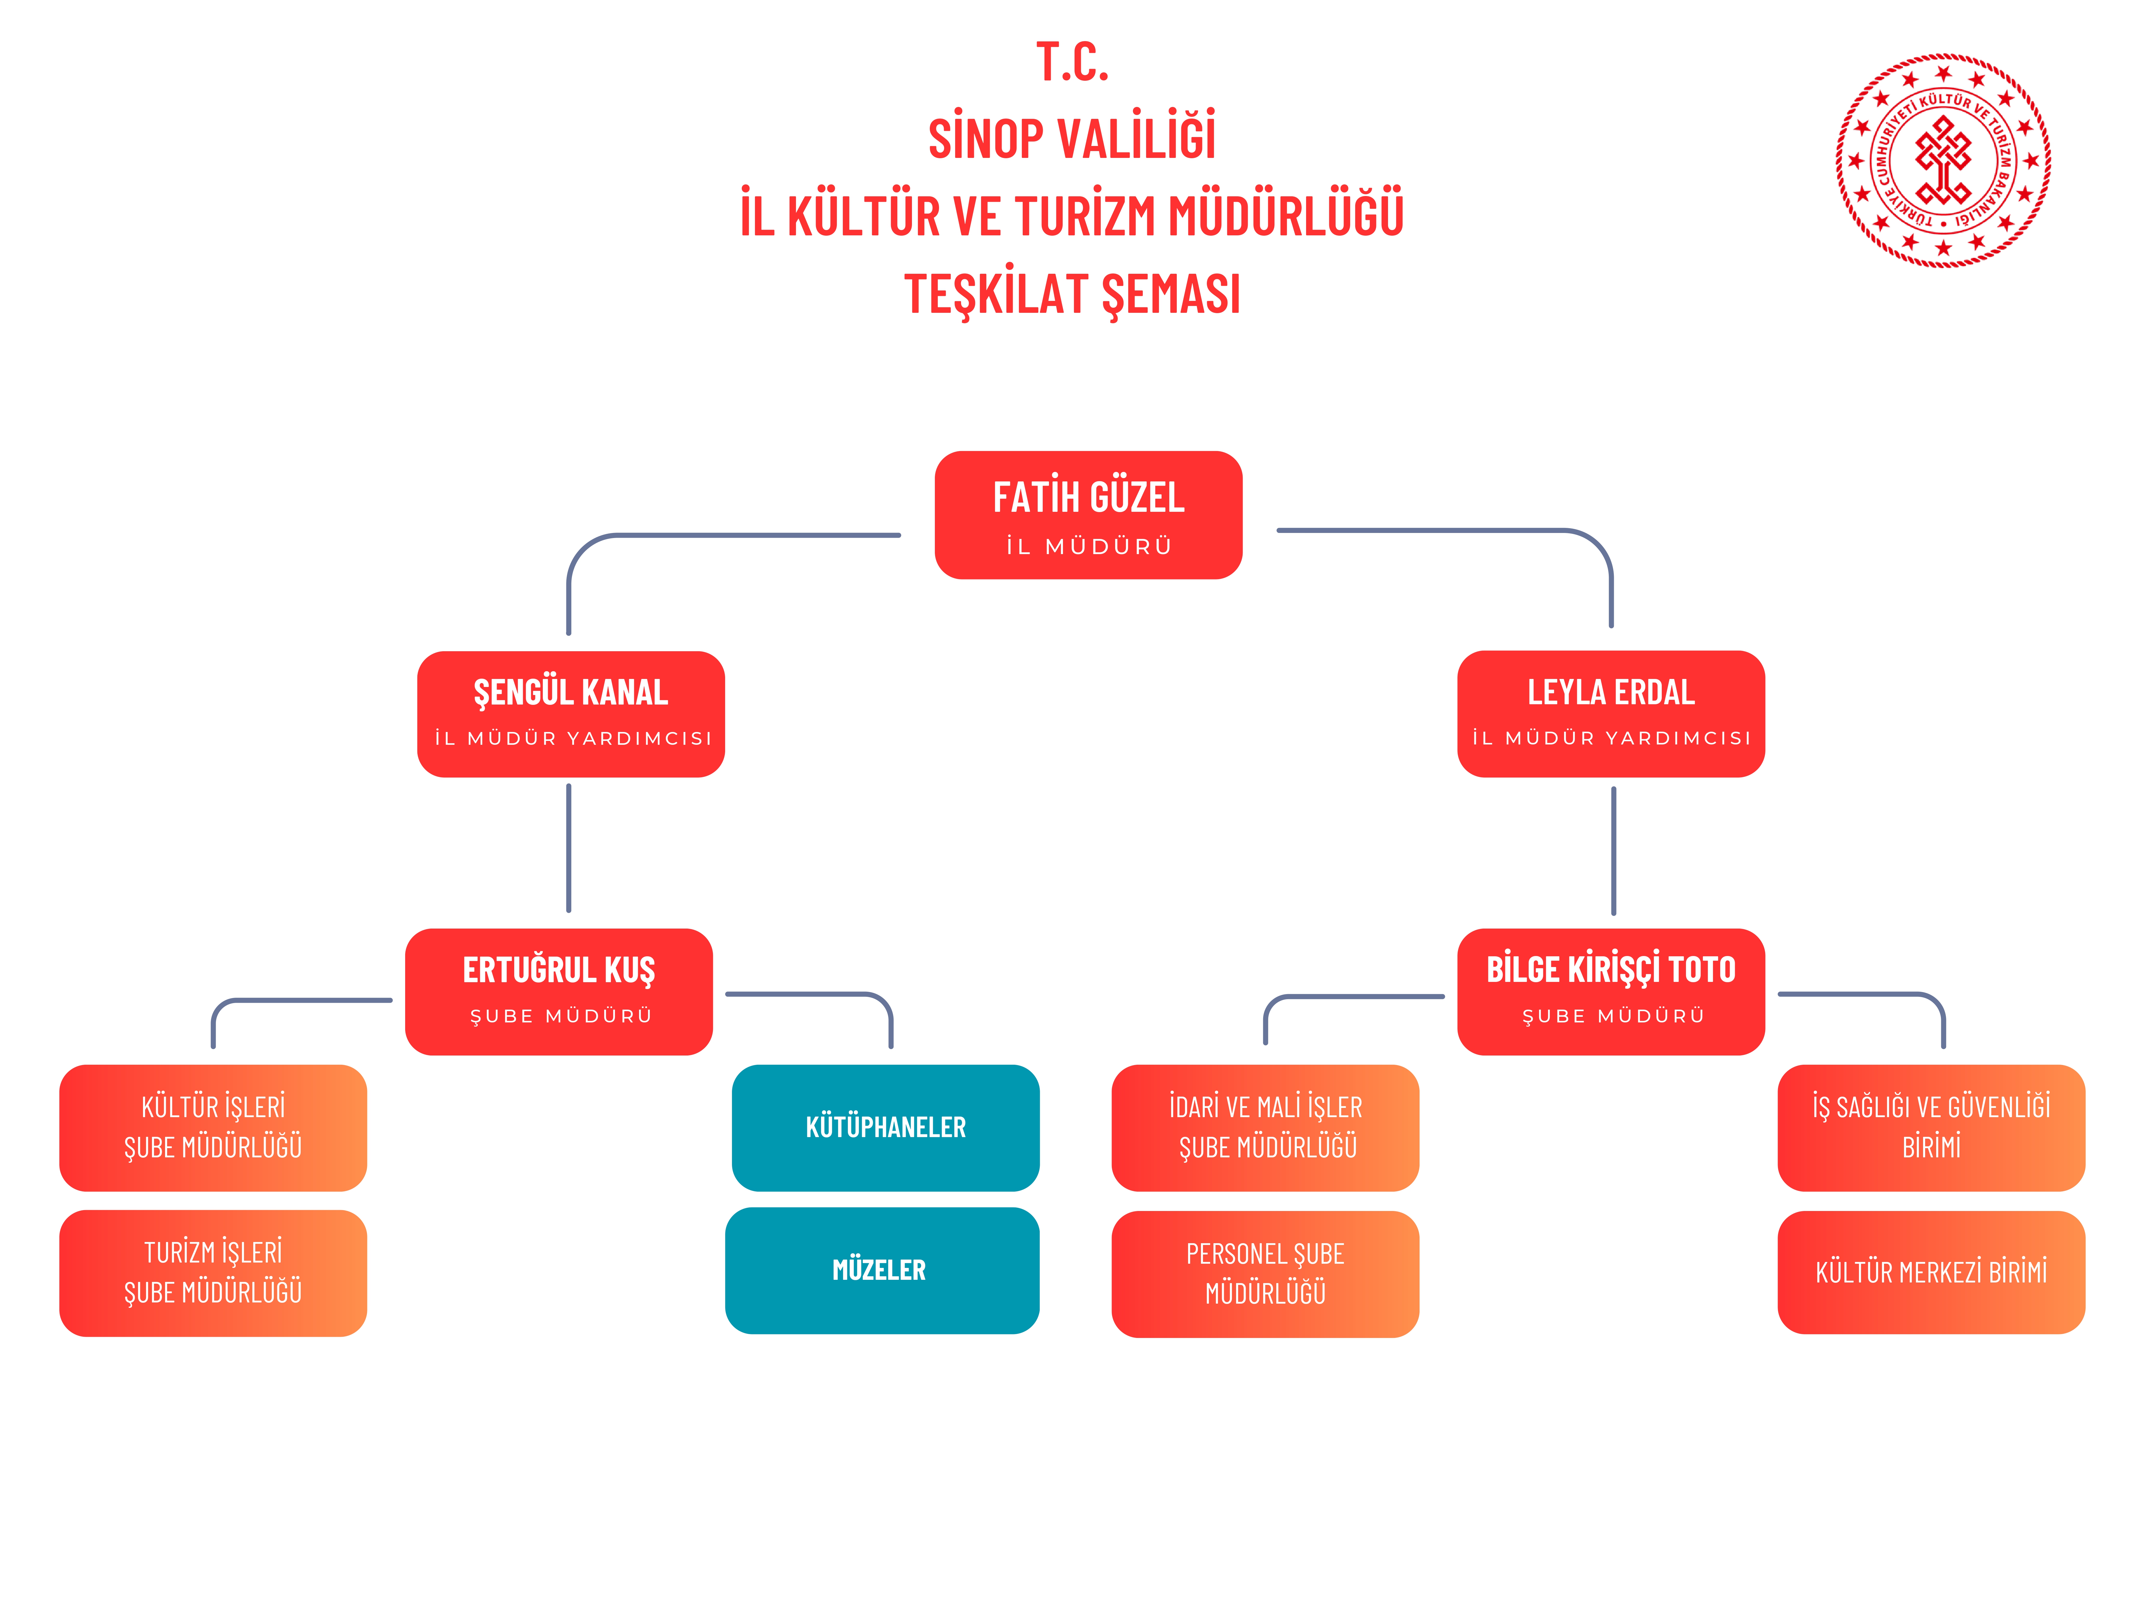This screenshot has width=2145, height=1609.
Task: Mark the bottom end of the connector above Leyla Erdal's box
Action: [1611, 626]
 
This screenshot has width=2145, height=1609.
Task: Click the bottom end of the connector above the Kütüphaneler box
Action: [890, 1047]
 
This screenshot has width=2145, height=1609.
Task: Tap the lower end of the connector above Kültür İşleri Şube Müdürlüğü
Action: [213, 1047]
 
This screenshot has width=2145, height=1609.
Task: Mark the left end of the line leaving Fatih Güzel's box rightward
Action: [1278, 531]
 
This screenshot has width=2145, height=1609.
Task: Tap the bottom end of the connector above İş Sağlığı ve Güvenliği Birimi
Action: [1943, 1047]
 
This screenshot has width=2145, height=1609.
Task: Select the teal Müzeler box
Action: [882, 1271]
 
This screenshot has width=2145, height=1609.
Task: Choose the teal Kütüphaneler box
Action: [885, 1128]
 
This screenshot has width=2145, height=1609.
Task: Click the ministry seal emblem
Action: [1943, 160]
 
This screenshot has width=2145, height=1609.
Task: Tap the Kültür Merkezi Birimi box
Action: [1931, 1272]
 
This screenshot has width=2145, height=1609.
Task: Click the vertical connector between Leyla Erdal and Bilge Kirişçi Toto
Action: [1614, 851]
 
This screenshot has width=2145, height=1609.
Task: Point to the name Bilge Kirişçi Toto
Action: [1611, 969]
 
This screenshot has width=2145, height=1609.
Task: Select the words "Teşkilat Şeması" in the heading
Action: [1072, 294]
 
